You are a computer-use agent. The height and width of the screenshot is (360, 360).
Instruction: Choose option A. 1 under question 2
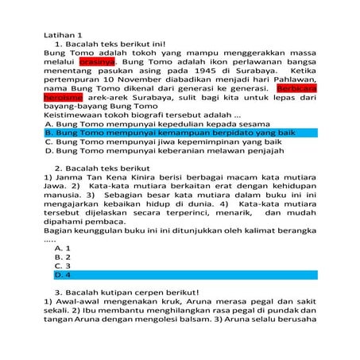point(63,247)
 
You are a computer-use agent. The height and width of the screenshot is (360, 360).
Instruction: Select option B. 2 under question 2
point(63,257)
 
